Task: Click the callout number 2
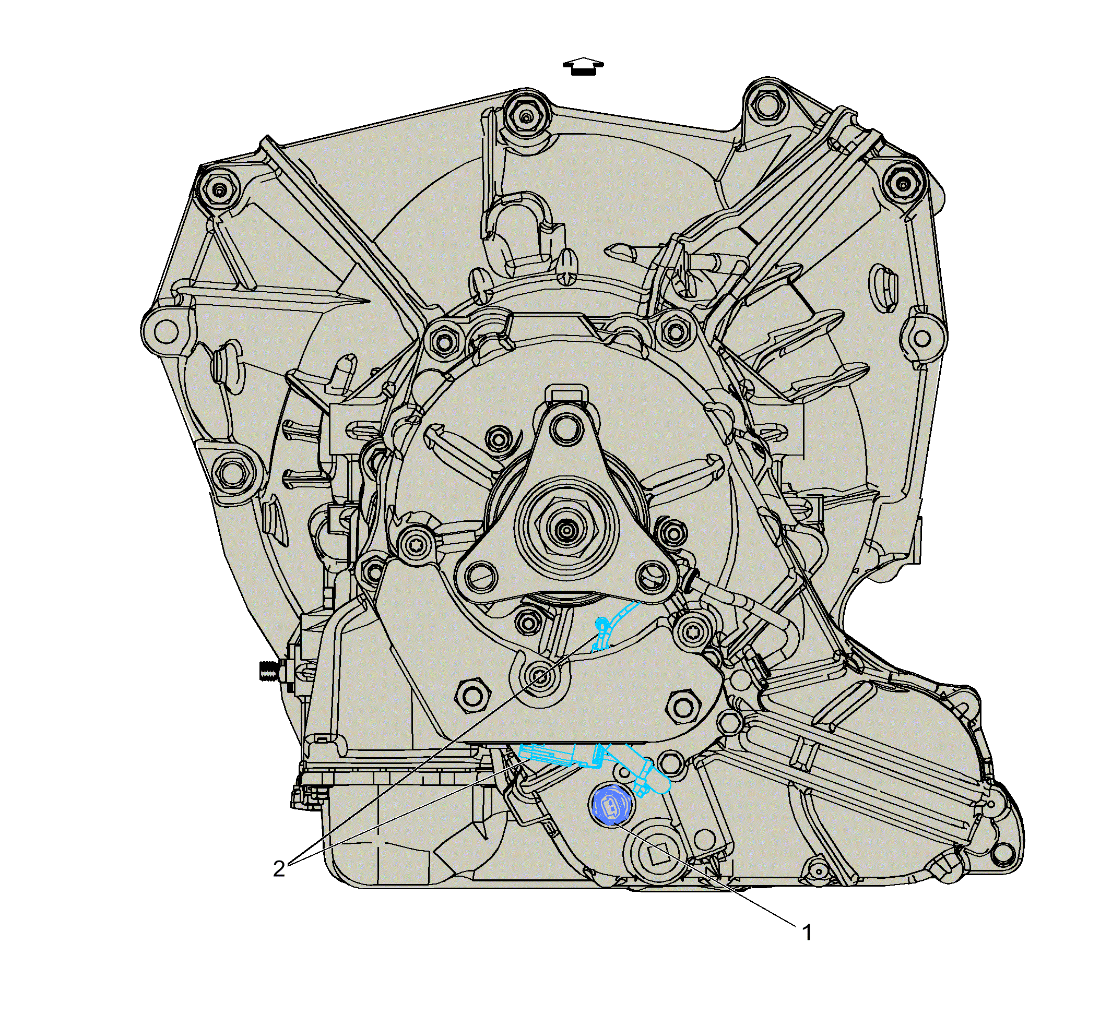click(279, 868)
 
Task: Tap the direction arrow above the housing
click(583, 66)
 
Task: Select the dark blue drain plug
click(610, 804)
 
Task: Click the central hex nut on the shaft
click(566, 530)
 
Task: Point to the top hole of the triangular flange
click(566, 429)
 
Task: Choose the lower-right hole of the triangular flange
click(653, 576)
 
